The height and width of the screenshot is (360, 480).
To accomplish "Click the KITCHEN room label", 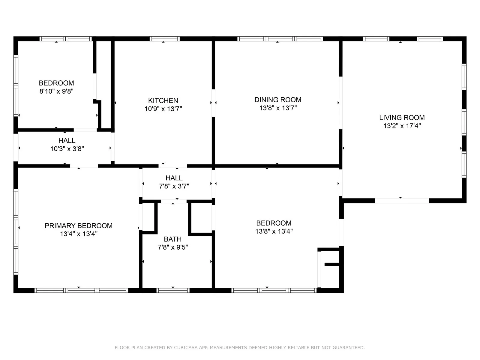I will pos(163,100).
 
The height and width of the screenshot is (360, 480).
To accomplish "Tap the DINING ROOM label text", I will pos(278,100).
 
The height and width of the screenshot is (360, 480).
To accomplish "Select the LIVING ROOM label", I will pos(402,118).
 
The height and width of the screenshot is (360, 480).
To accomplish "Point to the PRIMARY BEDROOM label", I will pos(79,226).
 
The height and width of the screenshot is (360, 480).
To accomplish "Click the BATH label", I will pos(172,239).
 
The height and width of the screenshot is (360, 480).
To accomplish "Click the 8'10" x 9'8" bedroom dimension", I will pos(56,91).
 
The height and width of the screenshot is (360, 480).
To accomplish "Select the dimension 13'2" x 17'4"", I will pos(402,126).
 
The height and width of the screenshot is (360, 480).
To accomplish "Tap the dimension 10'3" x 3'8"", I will pos(67,149).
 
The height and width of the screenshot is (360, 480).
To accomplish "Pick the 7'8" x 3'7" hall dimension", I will pos(174,186).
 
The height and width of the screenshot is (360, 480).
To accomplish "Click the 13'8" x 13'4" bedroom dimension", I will pos(274,231).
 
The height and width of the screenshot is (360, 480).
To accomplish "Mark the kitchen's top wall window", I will pos(164,39).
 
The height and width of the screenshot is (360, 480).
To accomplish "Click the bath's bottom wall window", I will pos(173,290).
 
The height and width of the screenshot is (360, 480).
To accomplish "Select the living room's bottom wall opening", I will pos(402,201).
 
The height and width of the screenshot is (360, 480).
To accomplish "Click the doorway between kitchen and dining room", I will pos(213,103).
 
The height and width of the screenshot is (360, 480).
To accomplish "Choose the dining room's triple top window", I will pos(280,39).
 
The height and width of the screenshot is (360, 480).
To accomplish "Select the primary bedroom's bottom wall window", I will pos(81,290).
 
